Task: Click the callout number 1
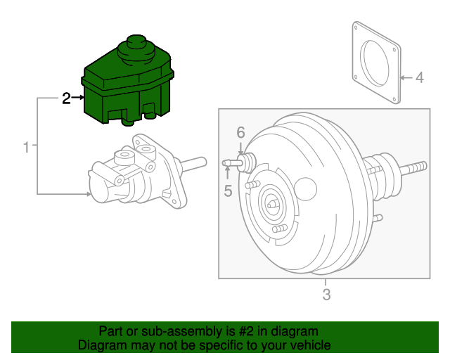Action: coord(26,148)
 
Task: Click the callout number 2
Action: coord(66,99)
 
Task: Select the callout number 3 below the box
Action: coord(326,295)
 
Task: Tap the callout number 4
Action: coord(419,77)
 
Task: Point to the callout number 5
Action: coord(228,190)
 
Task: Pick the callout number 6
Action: coord(240,132)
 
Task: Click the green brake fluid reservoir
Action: coord(127,88)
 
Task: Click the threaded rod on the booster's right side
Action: coord(415,168)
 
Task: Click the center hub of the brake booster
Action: coord(273,204)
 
